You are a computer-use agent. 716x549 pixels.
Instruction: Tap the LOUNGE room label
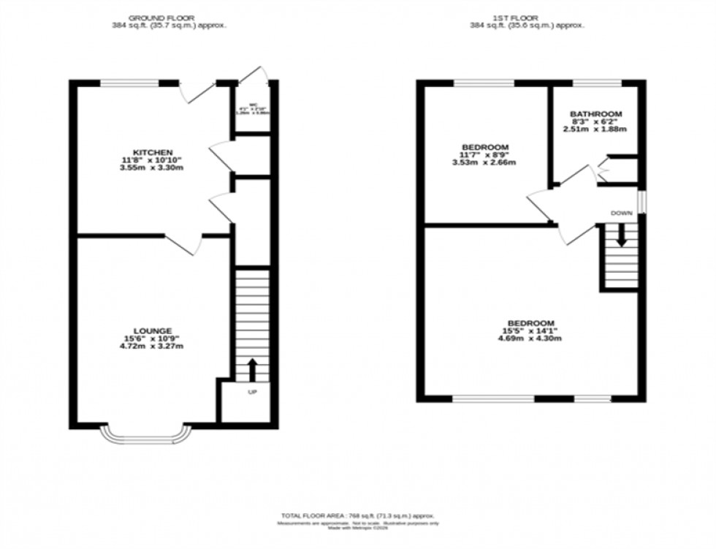coord(153,330)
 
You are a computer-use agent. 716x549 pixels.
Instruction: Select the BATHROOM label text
coord(595,114)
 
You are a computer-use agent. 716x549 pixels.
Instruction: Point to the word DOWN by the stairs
coord(622,212)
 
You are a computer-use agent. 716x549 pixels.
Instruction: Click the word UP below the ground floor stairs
coord(253,393)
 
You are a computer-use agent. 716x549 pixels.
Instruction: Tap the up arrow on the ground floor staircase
coord(253,369)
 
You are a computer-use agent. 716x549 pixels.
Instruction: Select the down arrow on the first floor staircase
coord(620,237)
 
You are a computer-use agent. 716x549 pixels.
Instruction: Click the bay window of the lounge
coord(146,436)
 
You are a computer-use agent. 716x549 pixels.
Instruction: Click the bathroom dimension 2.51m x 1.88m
coord(595,129)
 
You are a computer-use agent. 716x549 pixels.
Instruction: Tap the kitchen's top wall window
coord(129,83)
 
